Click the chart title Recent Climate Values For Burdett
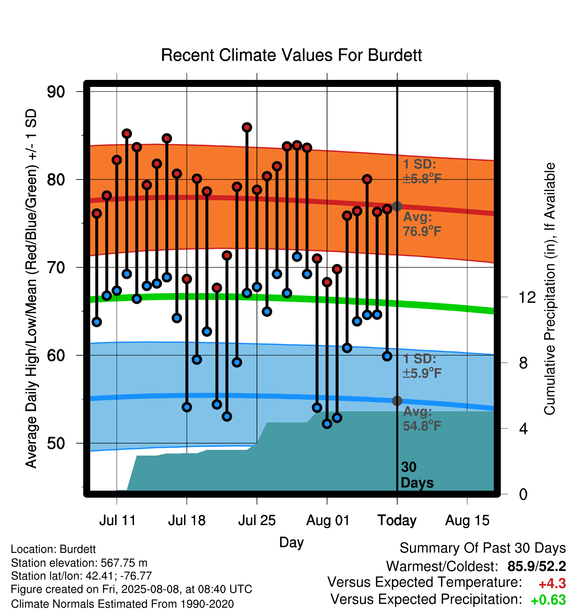(x=291, y=55)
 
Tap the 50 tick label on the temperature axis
(x=56, y=443)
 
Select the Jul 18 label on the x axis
(x=187, y=520)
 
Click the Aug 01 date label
(x=327, y=520)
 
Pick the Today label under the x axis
(x=397, y=520)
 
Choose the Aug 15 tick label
(x=467, y=520)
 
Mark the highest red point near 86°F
(x=247, y=127)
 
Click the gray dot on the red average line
(x=397, y=206)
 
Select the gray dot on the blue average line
(x=397, y=401)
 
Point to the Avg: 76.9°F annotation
(x=422, y=224)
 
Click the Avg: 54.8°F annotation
(x=422, y=419)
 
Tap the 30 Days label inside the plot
(x=417, y=475)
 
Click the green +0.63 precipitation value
(x=548, y=600)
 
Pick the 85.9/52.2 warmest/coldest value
(x=537, y=567)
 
